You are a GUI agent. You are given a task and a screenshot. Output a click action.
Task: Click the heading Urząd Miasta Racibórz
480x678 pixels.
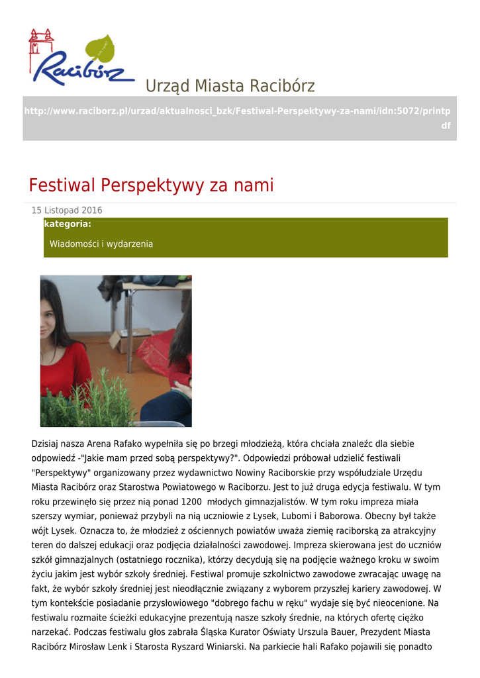[230, 86]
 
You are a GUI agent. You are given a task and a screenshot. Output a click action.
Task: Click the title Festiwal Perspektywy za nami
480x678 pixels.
[151, 185]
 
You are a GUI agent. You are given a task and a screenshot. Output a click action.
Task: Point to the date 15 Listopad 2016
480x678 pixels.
[67, 211]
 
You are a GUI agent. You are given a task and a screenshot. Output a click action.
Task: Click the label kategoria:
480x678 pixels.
[68, 224]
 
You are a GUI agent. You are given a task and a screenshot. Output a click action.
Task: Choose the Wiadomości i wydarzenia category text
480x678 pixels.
[101, 244]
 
